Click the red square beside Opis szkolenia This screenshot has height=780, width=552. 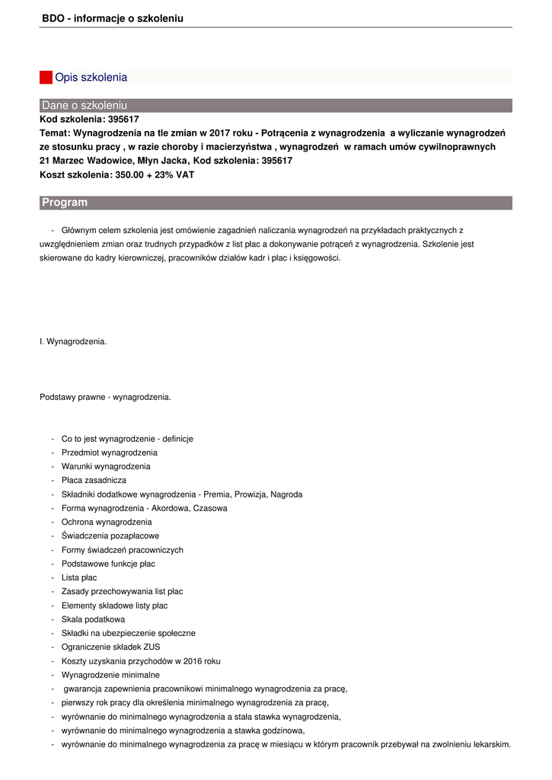click(46, 78)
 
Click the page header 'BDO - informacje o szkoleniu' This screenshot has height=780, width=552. click(113, 18)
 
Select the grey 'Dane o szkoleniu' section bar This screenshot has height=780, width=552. click(276, 105)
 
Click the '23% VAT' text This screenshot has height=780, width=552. click(174, 175)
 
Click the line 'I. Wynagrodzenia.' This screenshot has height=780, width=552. click(73, 342)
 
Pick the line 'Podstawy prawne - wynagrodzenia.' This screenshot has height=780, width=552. click(105, 397)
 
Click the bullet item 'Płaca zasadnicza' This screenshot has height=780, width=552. click(94, 481)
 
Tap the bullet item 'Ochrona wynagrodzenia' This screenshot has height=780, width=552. click(107, 523)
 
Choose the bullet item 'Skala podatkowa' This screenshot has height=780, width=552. click(93, 619)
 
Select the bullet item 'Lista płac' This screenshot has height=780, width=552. click(79, 578)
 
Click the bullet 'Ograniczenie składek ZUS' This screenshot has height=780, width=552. click(111, 647)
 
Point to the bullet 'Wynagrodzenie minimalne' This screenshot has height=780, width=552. click(110, 675)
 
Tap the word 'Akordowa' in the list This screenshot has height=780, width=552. click(172, 508)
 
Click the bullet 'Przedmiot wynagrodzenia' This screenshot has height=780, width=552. click(110, 452)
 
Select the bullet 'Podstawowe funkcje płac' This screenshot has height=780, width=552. click(108, 564)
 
